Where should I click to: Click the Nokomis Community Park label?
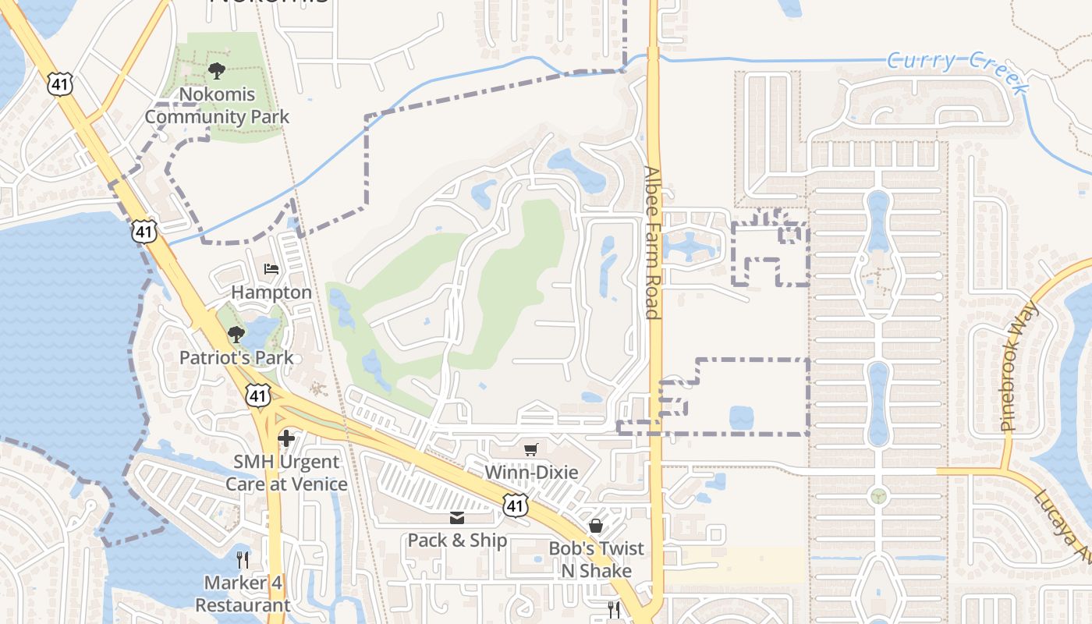point(217,106)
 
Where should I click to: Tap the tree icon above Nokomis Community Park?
point(217,71)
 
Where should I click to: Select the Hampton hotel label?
point(271,292)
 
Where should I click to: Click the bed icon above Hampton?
point(271,270)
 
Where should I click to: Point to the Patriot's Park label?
point(236,358)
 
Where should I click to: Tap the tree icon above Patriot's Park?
point(236,335)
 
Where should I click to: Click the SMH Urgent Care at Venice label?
point(286,473)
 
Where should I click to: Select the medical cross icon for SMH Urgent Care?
point(286,438)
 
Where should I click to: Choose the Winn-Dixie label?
point(531,473)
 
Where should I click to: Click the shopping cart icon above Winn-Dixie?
point(531,449)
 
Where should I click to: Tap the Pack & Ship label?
point(457,541)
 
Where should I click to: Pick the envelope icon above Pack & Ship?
point(457,517)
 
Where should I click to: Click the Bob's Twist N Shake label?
point(597,559)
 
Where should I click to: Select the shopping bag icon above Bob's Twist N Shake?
point(596,526)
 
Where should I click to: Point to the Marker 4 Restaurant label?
point(243,594)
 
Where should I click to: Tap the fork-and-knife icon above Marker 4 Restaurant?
point(243,559)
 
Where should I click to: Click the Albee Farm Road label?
point(654,243)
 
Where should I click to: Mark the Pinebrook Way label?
point(1020,365)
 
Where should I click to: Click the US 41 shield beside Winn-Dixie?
point(514,505)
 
